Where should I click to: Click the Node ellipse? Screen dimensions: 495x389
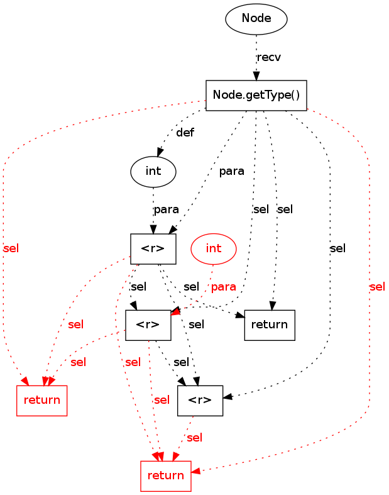pyautogui.click(x=256, y=19)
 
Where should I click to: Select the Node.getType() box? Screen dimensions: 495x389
pyautogui.click(x=256, y=96)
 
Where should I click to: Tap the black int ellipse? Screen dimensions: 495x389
pyautogui.click(x=153, y=171)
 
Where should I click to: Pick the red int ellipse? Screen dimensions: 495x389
pyautogui.click(x=214, y=248)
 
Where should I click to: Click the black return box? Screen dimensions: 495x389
pyautogui.click(x=270, y=325)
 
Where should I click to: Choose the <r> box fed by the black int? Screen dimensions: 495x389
pyautogui.click(x=153, y=248)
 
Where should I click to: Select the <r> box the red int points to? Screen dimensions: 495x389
pyautogui.click(x=148, y=325)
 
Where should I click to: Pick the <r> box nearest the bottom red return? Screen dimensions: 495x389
pyautogui.click(x=200, y=400)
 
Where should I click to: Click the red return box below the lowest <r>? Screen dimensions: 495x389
pyautogui.click(x=165, y=476)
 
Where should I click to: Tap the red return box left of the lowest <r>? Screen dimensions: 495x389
pyautogui.click(x=41, y=400)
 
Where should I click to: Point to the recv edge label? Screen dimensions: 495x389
pyautogui.click(x=269, y=57)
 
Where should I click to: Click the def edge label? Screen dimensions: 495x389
pyautogui.click(x=185, y=133)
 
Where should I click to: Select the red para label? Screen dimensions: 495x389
pyautogui.click(x=224, y=287)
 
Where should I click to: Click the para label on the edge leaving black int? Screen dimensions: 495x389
pyautogui.click(x=167, y=209)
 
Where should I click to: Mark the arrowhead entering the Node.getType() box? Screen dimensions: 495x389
pyautogui.click(x=256, y=77)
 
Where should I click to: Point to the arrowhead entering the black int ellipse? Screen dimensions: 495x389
pyautogui.click(x=160, y=152)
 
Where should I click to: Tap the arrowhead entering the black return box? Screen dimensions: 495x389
pyautogui.click(x=273, y=306)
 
